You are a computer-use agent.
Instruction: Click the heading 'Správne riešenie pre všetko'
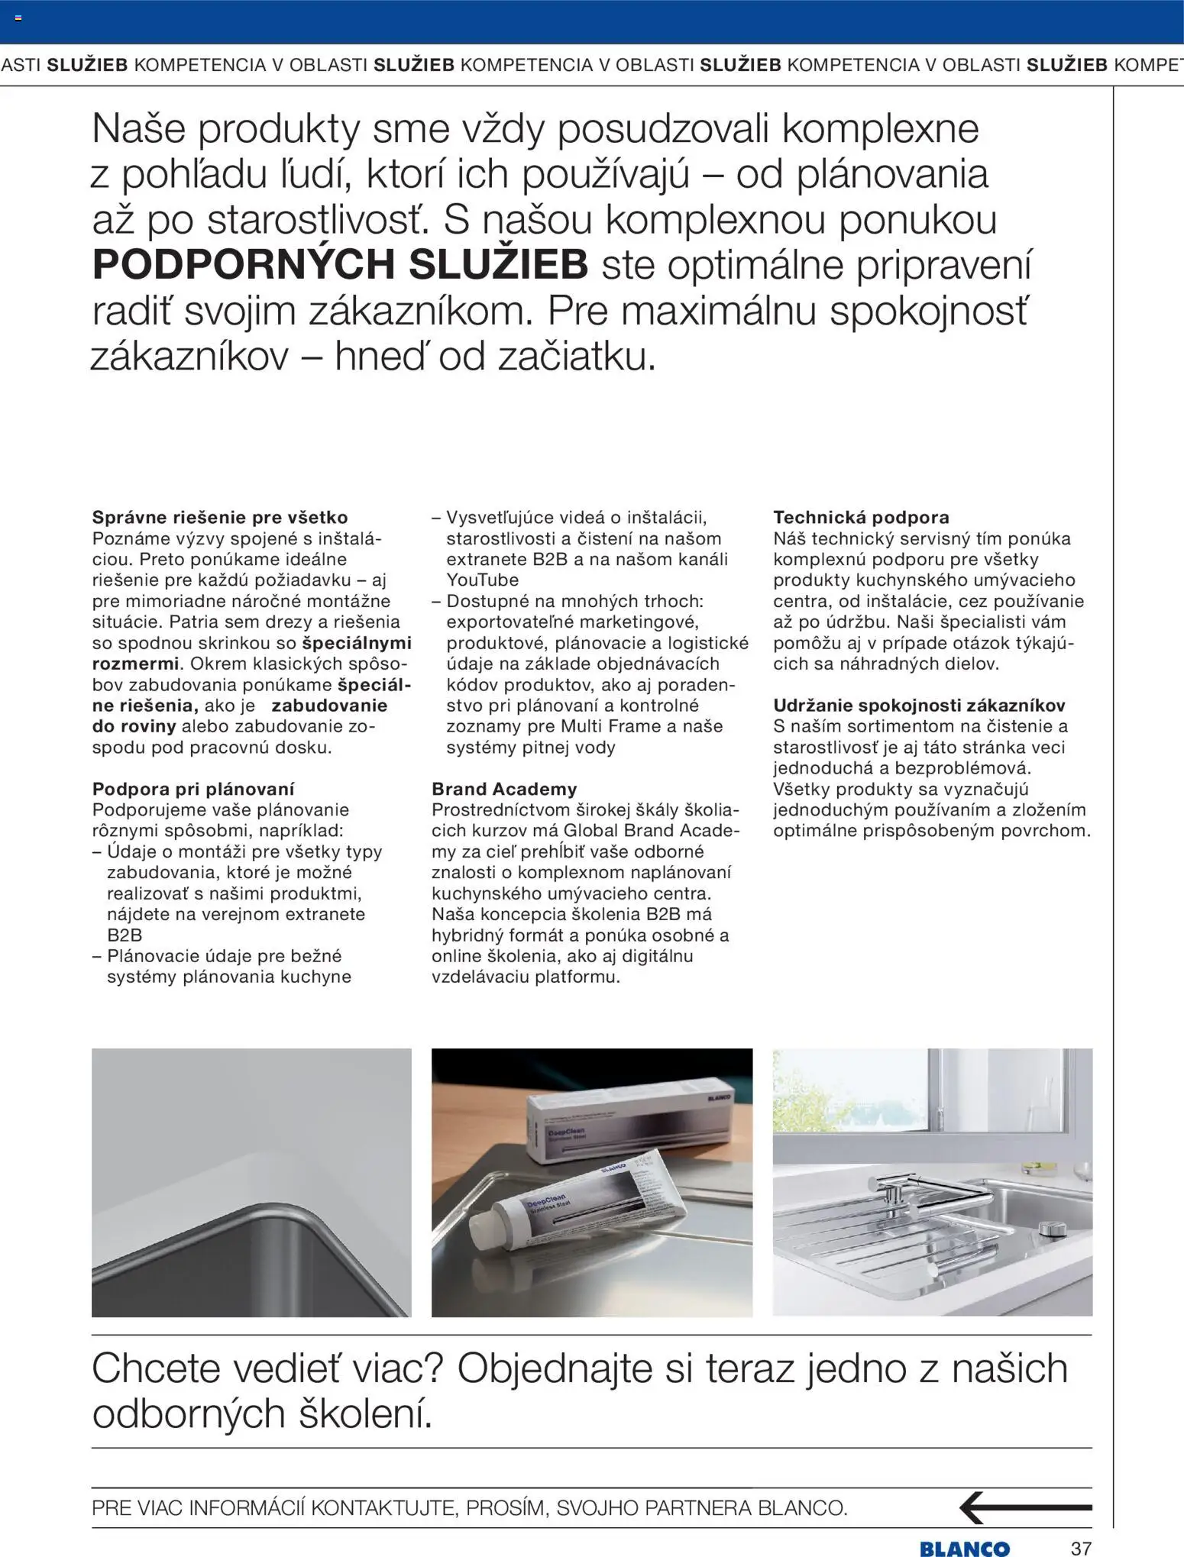[x=219, y=518]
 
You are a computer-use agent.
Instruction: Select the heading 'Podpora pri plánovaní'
[x=192, y=789]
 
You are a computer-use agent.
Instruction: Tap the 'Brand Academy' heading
[x=504, y=789]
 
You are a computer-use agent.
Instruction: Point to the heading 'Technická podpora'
[x=861, y=518]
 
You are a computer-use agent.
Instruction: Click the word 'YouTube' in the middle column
[x=482, y=580]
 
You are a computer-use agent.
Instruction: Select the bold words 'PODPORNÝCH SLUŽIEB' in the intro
[x=340, y=265]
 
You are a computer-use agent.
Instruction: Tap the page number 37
[x=1081, y=1549]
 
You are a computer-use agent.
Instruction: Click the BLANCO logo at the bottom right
[x=964, y=1549]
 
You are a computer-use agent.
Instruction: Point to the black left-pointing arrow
[x=1024, y=1508]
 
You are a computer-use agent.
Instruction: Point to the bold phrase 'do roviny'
[x=134, y=726]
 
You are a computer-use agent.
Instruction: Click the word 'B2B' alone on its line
[x=125, y=935]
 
